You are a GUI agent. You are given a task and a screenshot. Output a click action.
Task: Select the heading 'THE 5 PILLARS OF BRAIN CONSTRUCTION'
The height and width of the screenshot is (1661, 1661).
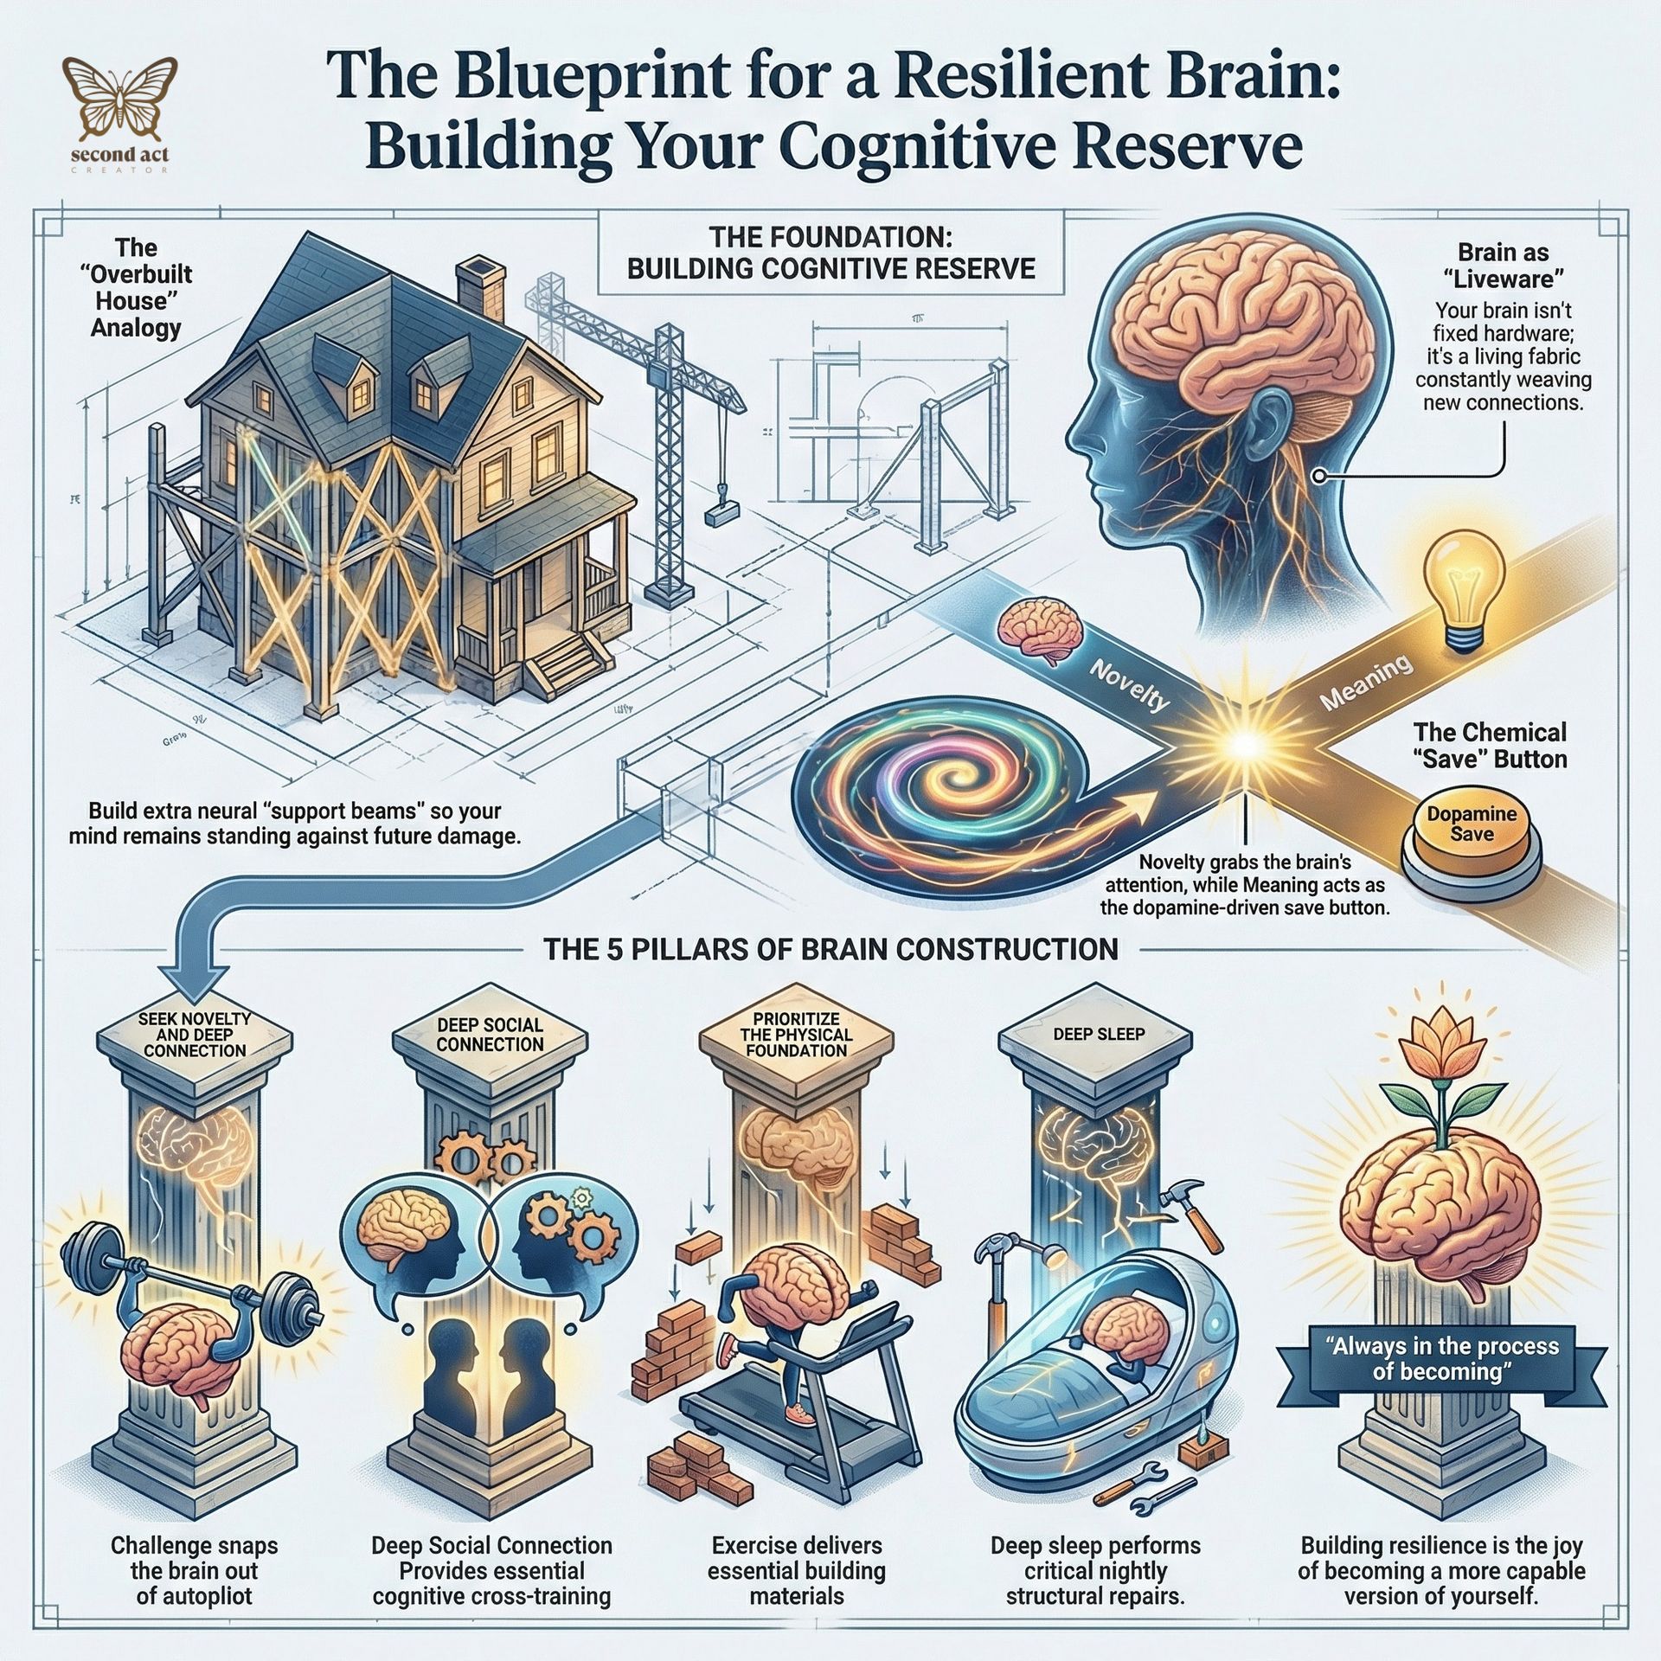(x=830, y=949)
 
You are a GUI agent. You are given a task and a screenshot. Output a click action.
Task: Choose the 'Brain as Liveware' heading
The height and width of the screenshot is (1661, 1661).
(x=1503, y=266)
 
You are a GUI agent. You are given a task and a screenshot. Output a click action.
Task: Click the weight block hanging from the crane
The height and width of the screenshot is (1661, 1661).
(x=718, y=516)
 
